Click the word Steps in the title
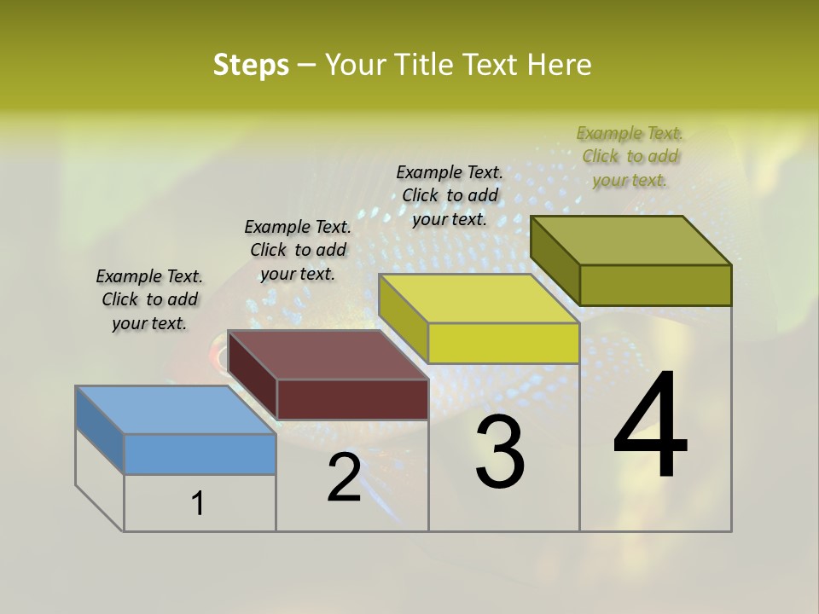pyautogui.click(x=251, y=65)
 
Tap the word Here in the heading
pyautogui.click(x=560, y=65)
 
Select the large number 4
pyautogui.click(x=650, y=426)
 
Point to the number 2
pyautogui.click(x=345, y=478)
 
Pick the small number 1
pyautogui.click(x=198, y=504)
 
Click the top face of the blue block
pyautogui.click(x=175, y=410)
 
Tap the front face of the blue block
pyautogui.click(x=200, y=455)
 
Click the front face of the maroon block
pyautogui.click(x=352, y=399)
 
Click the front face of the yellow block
pyautogui.click(x=503, y=344)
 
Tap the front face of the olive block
pyautogui.click(x=655, y=285)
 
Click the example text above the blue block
pyautogui.click(x=149, y=300)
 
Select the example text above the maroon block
pyautogui.click(x=298, y=251)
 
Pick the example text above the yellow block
pyautogui.click(x=450, y=195)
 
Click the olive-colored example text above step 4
pyautogui.click(x=630, y=156)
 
